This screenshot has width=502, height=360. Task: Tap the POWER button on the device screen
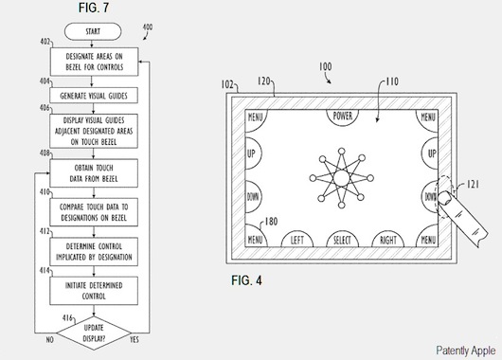[x=344, y=117]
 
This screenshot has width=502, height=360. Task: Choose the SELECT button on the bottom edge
[x=342, y=240]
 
